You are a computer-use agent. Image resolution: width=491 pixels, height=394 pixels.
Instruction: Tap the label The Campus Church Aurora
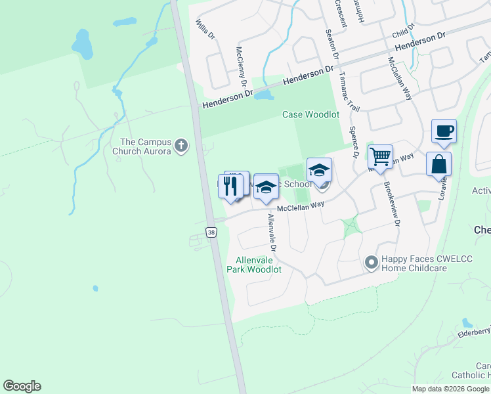click(x=146, y=146)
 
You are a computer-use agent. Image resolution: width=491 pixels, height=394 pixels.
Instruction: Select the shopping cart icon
click(x=380, y=157)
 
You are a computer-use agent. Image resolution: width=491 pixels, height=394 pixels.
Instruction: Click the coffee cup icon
click(x=444, y=131)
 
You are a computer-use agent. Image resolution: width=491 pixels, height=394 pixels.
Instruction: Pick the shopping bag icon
click(x=438, y=164)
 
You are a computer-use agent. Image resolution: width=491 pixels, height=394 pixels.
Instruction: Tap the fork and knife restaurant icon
click(x=230, y=185)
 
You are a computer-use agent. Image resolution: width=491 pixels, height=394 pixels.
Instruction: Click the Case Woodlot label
click(x=310, y=114)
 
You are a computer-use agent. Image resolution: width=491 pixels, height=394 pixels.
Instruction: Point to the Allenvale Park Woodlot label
click(x=254, y=265)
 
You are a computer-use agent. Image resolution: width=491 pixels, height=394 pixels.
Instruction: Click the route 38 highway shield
click(x=211, y=232)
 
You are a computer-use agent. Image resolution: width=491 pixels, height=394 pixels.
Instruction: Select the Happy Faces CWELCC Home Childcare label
click(x=415, y=263)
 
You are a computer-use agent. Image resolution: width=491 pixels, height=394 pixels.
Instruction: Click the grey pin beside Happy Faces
click(x=372, y=263)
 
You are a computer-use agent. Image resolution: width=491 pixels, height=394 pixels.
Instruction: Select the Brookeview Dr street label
click(x=392, y=204)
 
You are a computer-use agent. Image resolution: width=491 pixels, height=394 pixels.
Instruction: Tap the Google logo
click(x=22, y=386)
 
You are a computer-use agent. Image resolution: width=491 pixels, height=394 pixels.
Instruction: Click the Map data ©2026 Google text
click(x=450, y=389)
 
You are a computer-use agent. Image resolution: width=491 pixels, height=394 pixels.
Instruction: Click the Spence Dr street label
click(x=354, y=142)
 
